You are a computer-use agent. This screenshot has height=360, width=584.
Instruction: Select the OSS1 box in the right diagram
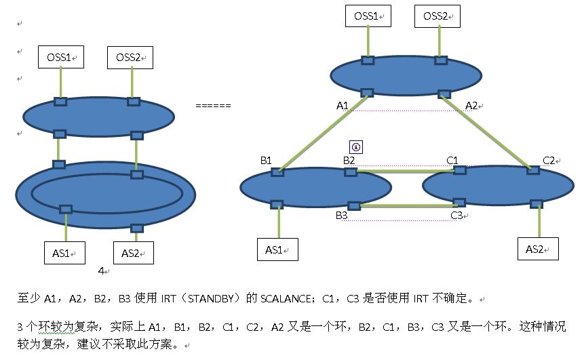pyautogui.click(x=368, y=16)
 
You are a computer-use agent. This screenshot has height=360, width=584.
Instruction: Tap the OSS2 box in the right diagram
pyautogui.click(x=437, y=16)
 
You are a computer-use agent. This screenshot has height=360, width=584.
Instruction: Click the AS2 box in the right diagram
pyautogui.click(x=537, y=249)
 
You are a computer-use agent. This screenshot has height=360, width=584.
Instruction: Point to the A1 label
pyautogui.click(x=343, y=105)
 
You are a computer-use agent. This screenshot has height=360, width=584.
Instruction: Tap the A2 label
pyautogui.click(x=471, y=105)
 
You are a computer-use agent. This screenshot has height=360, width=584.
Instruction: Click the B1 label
pyautogui.click(x=266, y=160)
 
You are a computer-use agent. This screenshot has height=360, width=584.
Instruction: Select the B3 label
pyautogui.click(x=341, y=216)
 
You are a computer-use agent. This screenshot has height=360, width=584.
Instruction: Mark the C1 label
pyautogui.click(x=452, y=160)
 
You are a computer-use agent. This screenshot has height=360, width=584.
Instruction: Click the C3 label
pyautogui.click(x=456, y=216)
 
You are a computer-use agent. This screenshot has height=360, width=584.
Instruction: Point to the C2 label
pyautogui.click(x=549, y=160)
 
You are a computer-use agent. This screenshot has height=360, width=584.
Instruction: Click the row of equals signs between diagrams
pyautogui.click(x=213, y=106)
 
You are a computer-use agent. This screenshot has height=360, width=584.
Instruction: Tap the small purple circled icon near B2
pyautogui.click(x=355, y=147)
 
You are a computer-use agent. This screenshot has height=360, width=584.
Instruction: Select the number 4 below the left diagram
pyautogui.click(x=101, y=271)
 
